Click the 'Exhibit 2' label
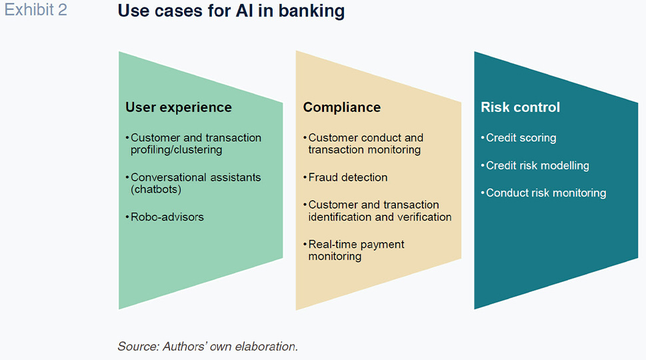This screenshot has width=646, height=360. [35, 10]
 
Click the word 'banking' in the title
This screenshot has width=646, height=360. [311, 11]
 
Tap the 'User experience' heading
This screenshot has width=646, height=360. [179, 107]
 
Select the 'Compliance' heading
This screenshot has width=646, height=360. [342, 107]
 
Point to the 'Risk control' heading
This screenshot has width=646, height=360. [521, 107]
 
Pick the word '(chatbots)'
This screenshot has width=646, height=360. [156, 189]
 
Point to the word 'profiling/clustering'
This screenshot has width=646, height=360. [176, 150]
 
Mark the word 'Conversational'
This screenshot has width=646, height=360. [163, 177]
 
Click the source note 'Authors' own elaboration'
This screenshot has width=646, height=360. [229, 347]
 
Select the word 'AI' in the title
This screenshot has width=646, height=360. [244, 11]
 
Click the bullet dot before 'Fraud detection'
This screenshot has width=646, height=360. [305, 177]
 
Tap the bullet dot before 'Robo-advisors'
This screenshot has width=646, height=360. [127, 217]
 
